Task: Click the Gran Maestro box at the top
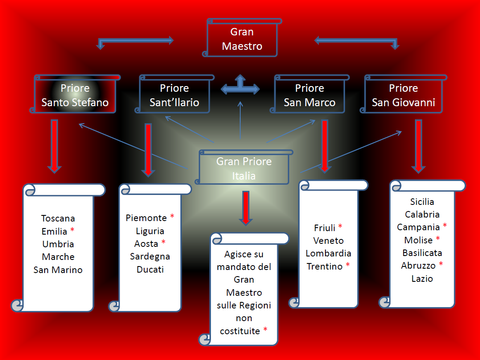tap(242, 39)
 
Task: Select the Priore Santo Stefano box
tap(75, 95)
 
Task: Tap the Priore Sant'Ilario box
tap(174, 95)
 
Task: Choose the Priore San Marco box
tap(309, 95)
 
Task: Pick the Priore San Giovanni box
tap(403, 95)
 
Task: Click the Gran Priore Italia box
tap(244, 169)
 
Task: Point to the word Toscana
tap(58, 218)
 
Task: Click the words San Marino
tap(58, 270)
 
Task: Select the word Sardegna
tap(150, 256)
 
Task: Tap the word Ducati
tap(150, 269)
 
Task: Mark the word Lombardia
tap(328, 253)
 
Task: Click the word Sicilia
tap(422, 202)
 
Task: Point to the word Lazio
tap(422, 278)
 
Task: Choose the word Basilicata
tap(422, 253)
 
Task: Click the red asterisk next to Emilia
tap(72, 230)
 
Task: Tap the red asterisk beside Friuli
tap(340, 227)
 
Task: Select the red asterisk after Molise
tap(438, 239)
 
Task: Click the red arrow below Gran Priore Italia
tap(245, 207)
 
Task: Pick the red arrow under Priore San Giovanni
tap(418, 145)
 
